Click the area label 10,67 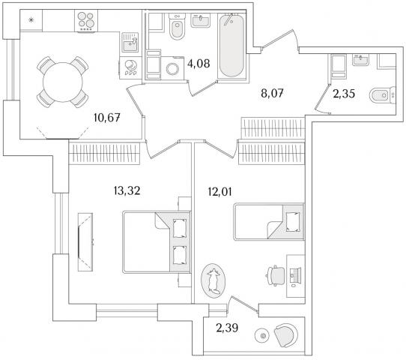(107, 118)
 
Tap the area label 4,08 (199, 64)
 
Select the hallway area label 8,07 (272, 93)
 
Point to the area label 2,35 (344, 94)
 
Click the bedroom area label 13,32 (127, 190)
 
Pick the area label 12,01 (219, 192)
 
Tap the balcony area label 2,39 (227, 328)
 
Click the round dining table (63, 82)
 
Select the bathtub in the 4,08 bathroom (231, 45)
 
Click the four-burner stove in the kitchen (86, 21)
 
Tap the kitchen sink (130, 42)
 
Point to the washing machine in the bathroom (172, 68)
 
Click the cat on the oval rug (213, 281)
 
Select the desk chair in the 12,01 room (276, 275)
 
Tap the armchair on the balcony (286, 335)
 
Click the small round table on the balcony (264, 336)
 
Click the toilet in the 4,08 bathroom (177, 26)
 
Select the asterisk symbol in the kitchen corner (31, 19)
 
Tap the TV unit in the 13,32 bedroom (85, 242)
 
